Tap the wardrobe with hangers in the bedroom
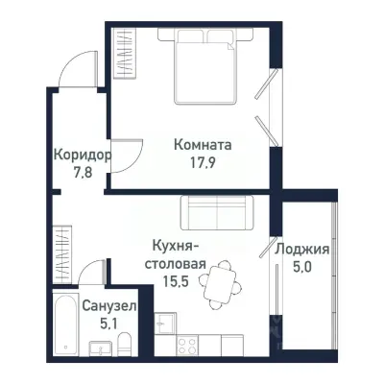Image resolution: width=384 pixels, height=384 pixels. point(125,57)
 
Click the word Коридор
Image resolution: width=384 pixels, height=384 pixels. point(82,155)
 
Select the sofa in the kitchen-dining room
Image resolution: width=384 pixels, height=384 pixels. point(217,211)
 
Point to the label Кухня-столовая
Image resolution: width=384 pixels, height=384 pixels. point(174,253)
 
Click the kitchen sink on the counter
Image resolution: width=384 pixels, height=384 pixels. point(165,324)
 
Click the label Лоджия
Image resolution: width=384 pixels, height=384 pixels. point(302,250)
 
